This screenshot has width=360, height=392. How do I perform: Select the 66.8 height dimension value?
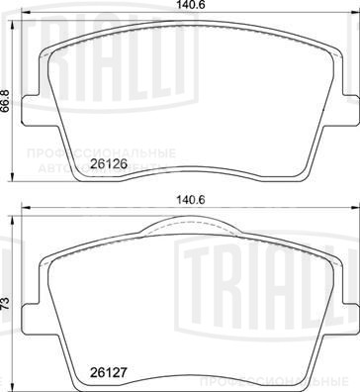7,101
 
